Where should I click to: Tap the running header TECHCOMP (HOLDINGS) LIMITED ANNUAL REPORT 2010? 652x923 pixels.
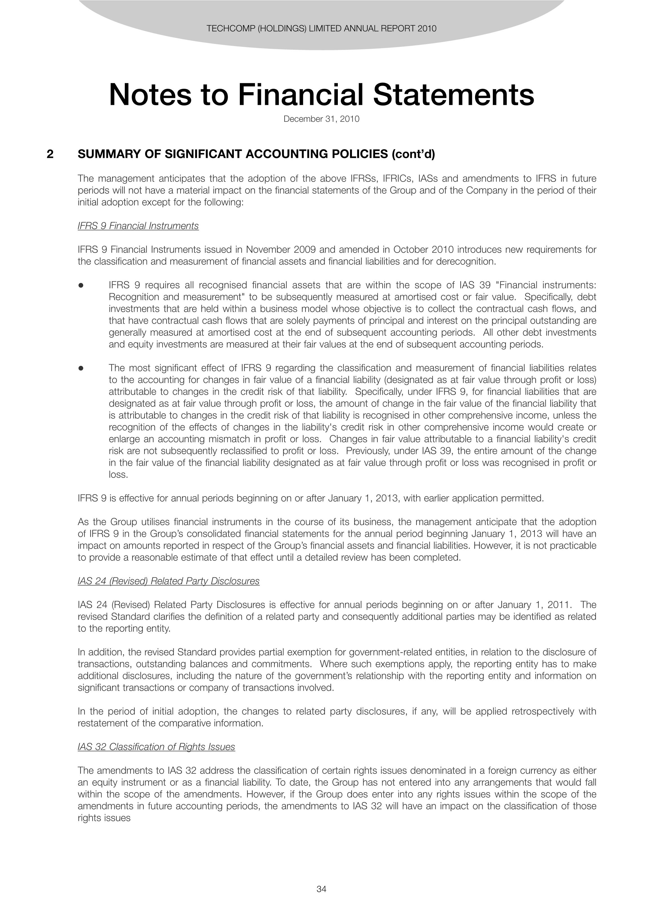(x=321, y=28)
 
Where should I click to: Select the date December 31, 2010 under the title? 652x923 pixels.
(x=321, y=119)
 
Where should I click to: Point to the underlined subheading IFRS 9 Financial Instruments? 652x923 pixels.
(x=138, y=226)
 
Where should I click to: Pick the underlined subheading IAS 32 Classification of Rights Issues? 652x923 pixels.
(x=156, y=747)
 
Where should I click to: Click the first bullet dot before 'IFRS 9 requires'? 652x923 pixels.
(x=81, y=285)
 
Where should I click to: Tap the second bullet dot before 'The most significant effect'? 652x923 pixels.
(x=81, y=368)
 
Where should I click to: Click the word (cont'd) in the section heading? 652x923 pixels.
(x=413, y=154)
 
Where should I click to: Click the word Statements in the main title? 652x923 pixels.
(x=454, y=95)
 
